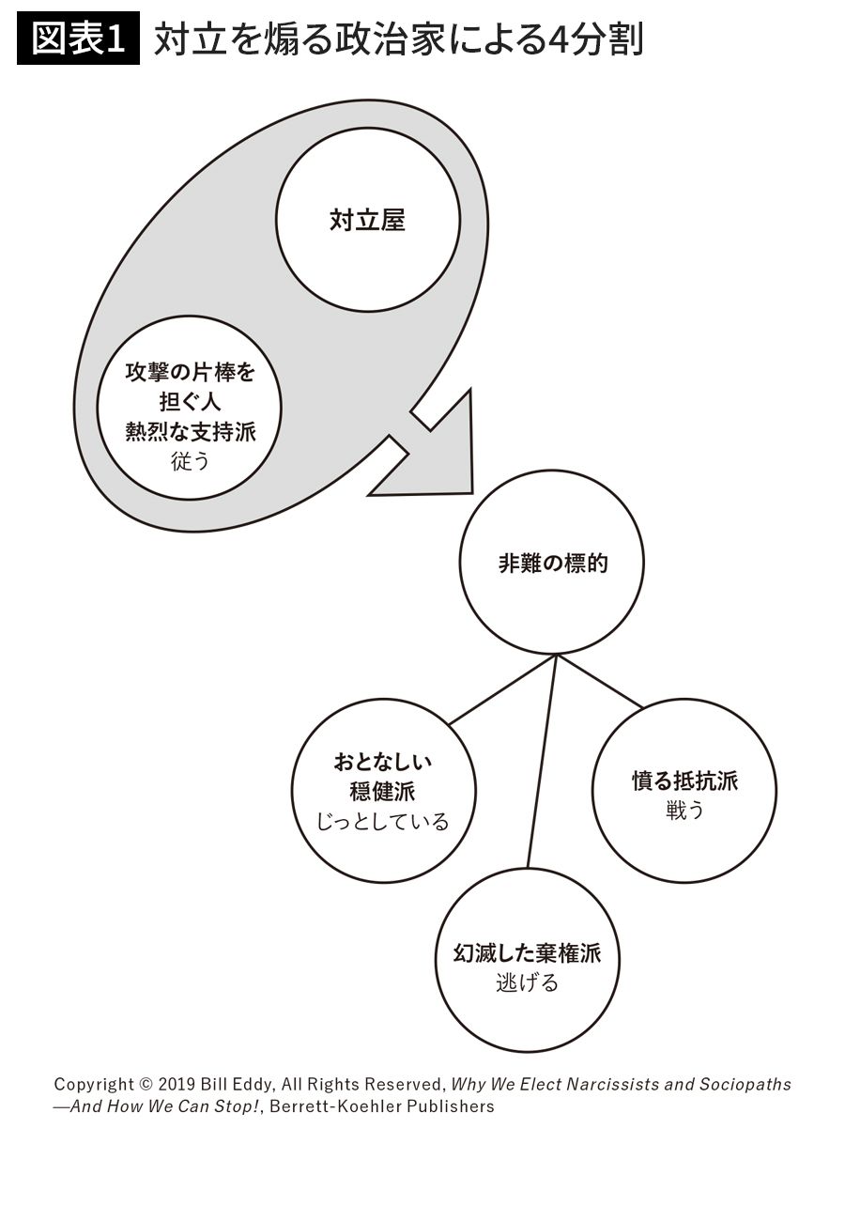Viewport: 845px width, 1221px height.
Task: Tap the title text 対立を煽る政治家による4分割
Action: [398, 40]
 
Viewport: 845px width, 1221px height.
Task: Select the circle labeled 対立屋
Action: [368, 221]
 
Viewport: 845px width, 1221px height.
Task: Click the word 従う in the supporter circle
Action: [191, 461]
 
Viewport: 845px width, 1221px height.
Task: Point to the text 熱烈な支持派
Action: [191, 431]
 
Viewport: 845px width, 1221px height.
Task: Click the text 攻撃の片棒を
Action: [191, 373]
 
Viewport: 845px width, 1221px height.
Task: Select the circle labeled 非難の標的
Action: [552, 563]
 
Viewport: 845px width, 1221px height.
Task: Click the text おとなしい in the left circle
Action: [383, 762]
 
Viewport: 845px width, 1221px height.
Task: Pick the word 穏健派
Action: [383, 792]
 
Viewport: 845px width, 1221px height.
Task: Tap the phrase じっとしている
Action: [383, 822]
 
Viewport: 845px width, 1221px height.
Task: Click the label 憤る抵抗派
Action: [684, 781]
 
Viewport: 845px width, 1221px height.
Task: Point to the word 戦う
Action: [684, 811]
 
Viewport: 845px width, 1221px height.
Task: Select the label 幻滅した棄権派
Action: [527, 955]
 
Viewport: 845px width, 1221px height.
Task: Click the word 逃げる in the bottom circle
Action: [527, 983]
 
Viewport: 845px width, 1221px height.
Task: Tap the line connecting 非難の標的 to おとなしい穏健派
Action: [502, 689]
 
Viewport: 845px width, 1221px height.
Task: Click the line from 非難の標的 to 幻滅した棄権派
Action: [542, 761]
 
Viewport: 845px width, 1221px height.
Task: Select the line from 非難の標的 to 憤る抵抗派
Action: [601, 682]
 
